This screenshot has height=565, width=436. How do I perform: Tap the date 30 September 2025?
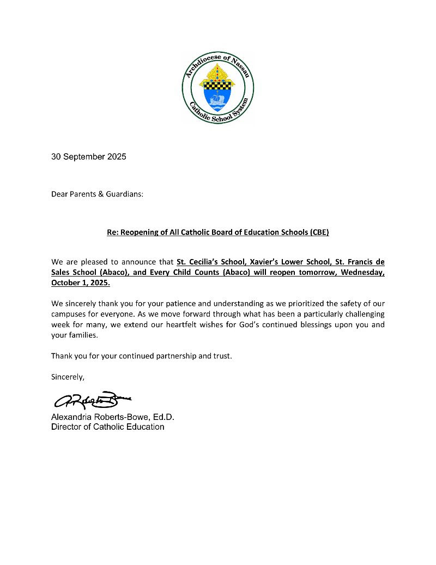point(89,157)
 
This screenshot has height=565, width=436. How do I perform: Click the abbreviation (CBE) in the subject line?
point(319,232)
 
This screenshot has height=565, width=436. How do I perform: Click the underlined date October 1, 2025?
point(81,284)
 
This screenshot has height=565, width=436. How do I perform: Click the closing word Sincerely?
point(68,377)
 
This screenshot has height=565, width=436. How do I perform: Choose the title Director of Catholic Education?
point(107,426)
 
